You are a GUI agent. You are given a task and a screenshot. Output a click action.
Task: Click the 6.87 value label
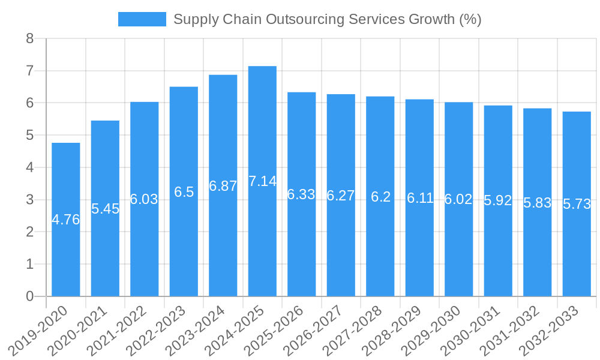point(223,186)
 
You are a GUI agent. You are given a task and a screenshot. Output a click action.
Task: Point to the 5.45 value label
point(105,209)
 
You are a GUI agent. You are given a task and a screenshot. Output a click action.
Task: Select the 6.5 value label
point(184,192)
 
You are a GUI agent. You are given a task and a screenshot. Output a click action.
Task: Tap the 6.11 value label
point(420,198)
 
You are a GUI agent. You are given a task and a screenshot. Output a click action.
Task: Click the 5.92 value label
point(498,200)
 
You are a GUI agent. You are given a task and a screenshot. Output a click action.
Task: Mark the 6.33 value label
point(301,194)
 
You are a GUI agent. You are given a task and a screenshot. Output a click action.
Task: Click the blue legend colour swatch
point(142,19)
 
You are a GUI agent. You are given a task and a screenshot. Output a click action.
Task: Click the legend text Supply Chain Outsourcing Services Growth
point(327,19)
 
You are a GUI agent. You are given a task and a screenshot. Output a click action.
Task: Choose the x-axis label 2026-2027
point(320,330)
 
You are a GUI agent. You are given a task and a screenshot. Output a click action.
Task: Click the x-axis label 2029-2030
point(438,330)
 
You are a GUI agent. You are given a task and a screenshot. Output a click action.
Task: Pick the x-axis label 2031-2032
point(517,330)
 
